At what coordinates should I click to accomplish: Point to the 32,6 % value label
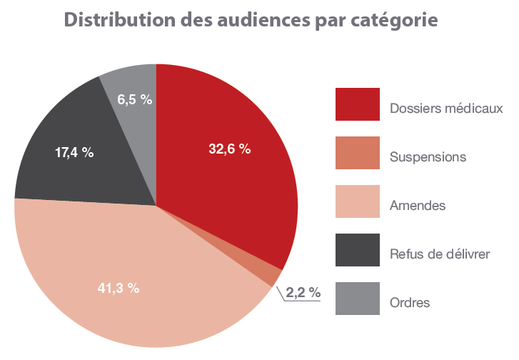(229, 149)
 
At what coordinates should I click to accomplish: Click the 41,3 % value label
(119, 289)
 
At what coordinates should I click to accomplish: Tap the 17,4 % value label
(74, 152)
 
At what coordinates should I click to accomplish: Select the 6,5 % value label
(135, 100)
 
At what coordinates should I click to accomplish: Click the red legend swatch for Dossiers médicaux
(357, 104)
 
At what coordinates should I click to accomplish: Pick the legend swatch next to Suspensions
(357, 153)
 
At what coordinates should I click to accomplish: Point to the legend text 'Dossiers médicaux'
(447, 109)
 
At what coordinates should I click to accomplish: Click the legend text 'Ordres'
(410, 303)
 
